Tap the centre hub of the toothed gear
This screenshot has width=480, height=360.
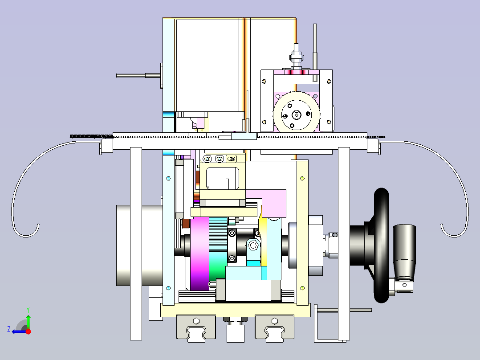coord(297,115)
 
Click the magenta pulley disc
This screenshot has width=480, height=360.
coord(199,254)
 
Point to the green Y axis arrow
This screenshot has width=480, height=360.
coord(28,319)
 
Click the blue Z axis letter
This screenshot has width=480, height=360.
coord(9,329)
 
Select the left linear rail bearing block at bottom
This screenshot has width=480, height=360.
coord(196,328)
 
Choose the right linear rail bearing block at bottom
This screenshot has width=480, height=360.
coord(275,328)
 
